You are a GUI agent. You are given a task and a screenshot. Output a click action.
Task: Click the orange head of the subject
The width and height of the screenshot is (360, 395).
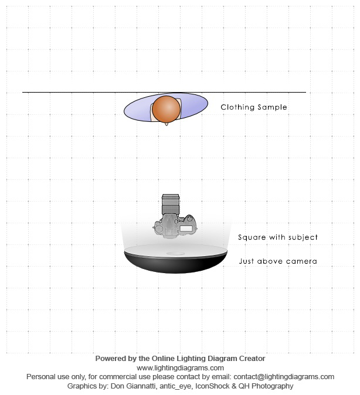click(x=166, y=109)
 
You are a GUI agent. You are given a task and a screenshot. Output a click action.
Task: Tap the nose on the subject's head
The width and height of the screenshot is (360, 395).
click(x=166, y=124)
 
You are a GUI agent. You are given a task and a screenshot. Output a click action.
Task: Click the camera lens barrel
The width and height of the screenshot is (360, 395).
click(x=171, y=204)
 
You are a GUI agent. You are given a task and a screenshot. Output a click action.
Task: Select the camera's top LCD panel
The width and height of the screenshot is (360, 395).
click(x=186, y=229)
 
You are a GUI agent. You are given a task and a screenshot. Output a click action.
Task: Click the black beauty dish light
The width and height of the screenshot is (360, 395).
click(x=175, y=260)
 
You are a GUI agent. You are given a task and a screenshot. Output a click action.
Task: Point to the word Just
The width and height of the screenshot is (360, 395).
click(x=246, y=261)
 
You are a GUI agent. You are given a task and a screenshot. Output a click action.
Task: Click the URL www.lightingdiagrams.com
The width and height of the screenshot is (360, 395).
click(x=180, y=368)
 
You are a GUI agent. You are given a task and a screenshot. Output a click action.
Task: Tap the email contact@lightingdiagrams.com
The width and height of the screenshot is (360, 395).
click(x=284, y=377)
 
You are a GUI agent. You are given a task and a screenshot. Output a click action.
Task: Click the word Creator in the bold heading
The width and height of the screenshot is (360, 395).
click(x=252, y=359)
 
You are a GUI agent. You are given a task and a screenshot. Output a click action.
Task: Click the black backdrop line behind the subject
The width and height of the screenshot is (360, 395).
click(x=164, y=92)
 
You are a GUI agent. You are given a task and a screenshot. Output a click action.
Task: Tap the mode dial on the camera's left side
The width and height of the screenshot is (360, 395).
click(x=159, y=229)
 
